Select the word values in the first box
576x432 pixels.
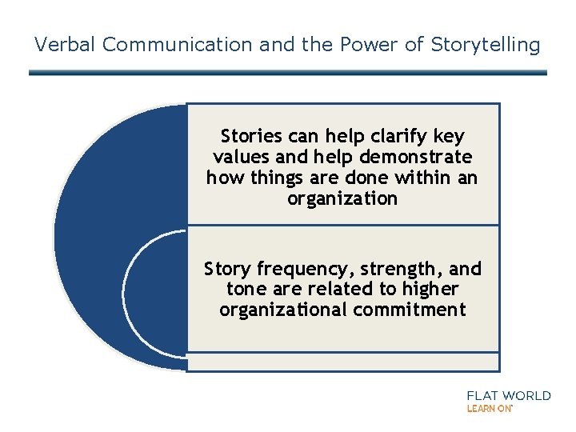coord(238,157)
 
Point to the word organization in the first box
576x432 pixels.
coord(342,198)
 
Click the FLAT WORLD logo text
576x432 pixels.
coord(509,395)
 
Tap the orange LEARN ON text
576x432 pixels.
coord(489,408)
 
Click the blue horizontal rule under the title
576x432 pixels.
coord(288,73)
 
